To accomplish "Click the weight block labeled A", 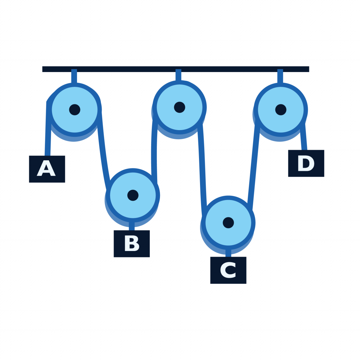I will pos(47,169).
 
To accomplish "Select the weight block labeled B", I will pos(131,243).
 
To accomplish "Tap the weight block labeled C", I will pos(228,270).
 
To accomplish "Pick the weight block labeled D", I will pos(306,163).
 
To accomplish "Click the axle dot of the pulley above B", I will pos(133,195).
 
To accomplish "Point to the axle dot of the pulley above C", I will pos(228,223).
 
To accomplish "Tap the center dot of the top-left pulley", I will pos(75,110).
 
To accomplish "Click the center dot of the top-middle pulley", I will pos(179,107).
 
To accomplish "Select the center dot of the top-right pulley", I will pos(281,110).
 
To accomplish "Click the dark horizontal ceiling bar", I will pos(176,69).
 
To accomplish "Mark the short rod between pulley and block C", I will pos(228,253).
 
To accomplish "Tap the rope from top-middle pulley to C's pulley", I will pos(202,165).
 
